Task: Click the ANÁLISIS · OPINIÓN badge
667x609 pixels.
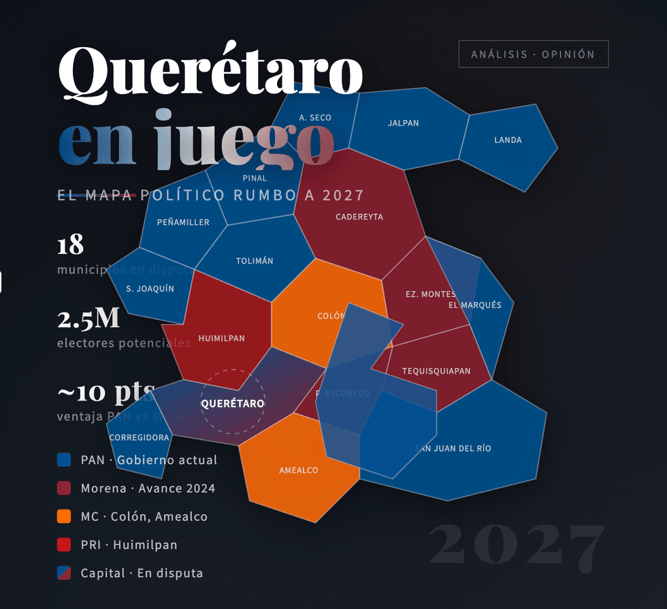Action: pos(533,54)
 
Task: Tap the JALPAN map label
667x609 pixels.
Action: pos(403,123)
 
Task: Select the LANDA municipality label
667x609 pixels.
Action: pos(508,140)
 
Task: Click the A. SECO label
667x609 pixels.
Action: pos(315,118)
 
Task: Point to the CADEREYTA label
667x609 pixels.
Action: pos(359,217)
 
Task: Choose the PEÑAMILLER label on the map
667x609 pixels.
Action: pos(183,222)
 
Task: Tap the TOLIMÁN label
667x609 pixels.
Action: pos(255,261)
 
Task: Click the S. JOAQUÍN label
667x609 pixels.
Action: pos(150,288)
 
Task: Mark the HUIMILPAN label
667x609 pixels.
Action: pos(221,338)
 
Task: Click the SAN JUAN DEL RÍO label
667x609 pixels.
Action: pos(453,448)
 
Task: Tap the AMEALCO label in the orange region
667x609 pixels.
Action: pos(298,470)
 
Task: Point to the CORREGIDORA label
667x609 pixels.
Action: pos(139,437)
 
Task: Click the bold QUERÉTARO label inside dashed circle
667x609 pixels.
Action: pos(232,404)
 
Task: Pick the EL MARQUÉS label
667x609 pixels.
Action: pos(475,304)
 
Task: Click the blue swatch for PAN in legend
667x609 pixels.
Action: pos(64,460)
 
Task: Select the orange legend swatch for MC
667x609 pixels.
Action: pos(64,516)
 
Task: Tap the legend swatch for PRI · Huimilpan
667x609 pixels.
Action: pos(64,545)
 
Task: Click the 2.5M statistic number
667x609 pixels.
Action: pos(88,319)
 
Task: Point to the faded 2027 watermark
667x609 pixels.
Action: pos(517,544)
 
